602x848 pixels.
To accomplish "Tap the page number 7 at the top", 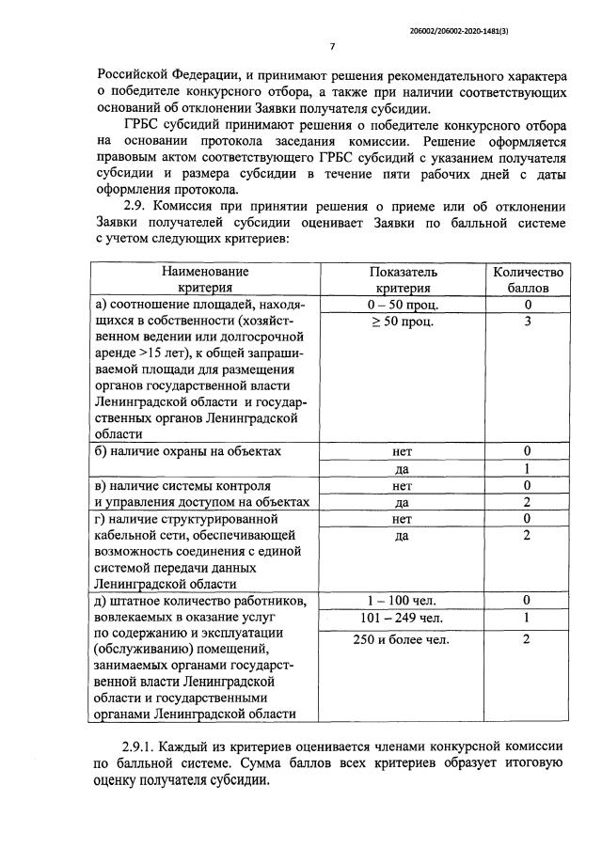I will [x=332, y=48].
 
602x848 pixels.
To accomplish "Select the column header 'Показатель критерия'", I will [x=403, y=280].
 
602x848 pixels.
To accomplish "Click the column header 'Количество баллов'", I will [x=528, y=280].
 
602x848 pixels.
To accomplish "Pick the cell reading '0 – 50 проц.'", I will [x=403, y=306].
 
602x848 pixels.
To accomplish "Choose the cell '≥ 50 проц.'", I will [x=403, y=322].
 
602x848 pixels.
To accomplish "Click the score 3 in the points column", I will [x=529, y=322].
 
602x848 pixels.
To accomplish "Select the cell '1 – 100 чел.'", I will [x=403, y=600].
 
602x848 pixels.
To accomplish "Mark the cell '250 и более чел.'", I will [x=403, y=639].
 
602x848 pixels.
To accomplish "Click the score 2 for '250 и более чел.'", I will [x=529, y=639].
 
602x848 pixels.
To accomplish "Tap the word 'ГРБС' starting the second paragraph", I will [x=145, y=125].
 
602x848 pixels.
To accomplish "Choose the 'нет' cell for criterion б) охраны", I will [x=403, y=451].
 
